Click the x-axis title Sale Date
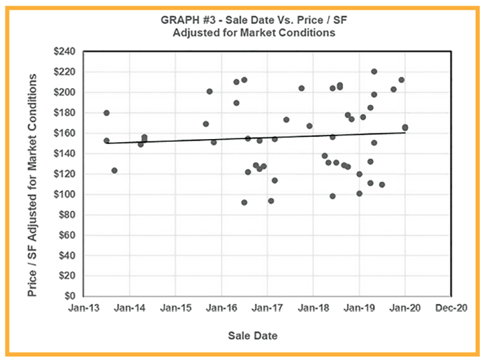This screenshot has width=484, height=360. coord(252,336)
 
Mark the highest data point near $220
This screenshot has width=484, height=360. coord(374,71)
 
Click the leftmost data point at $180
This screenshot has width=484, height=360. coord(106,113)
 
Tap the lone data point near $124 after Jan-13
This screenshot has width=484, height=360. coord(114,171)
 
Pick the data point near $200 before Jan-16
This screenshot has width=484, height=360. coord(210,92)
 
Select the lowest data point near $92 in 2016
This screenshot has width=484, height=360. coord(244,203)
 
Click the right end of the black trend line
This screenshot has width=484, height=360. coord(404,132)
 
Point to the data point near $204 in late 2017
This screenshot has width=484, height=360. coord(301,88)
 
